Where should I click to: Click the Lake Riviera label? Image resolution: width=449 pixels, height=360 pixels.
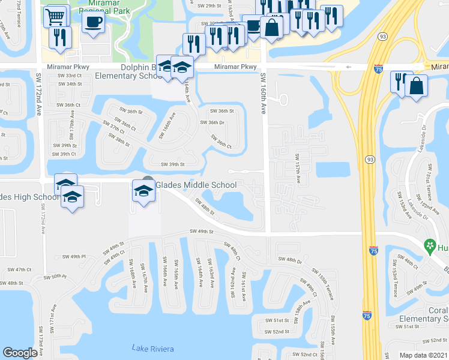pos(152,349)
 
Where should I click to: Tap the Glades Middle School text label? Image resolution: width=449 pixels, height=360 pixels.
pos(196,185)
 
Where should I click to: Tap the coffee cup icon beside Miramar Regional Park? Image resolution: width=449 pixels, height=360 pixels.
pos(93,22)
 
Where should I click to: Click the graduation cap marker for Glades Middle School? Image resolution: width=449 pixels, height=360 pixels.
pos(143,191)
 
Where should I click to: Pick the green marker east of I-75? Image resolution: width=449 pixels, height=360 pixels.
pos(430,245)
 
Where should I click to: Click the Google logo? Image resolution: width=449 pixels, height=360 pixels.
pos(20,353)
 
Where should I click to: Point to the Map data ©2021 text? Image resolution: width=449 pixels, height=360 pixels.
pos(423,355)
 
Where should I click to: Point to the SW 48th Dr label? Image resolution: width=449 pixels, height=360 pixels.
pos(290,260)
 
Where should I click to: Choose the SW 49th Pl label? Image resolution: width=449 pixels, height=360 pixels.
pos(74,257)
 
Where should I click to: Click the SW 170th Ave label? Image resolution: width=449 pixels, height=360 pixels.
pos(71,128)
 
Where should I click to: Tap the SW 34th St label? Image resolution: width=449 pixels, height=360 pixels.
pos(70,84)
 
